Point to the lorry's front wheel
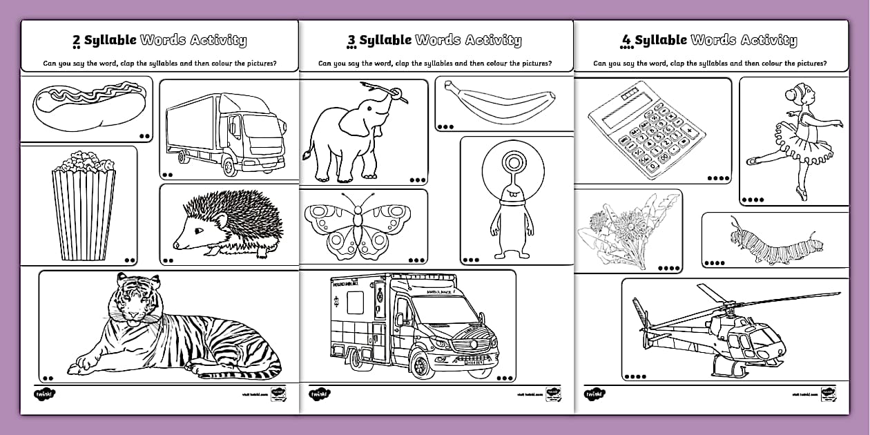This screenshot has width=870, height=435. coord(229,166)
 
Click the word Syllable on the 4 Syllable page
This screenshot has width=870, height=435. coord(661,41)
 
